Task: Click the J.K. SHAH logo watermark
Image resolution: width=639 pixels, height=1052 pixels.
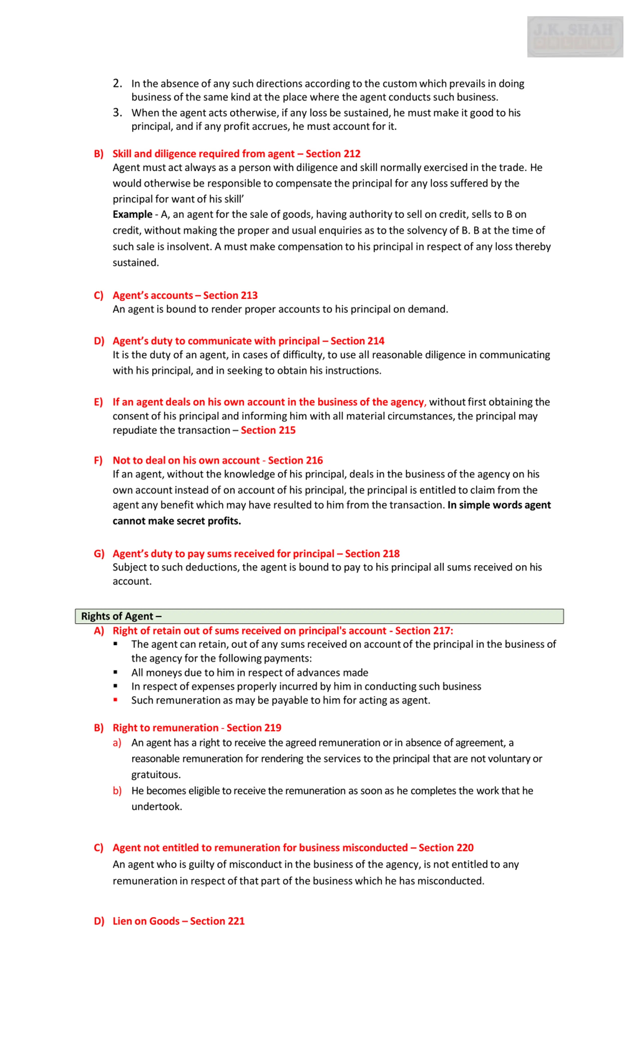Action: (x=575, y=37)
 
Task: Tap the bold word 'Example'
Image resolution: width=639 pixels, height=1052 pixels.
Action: (x=132, y=214)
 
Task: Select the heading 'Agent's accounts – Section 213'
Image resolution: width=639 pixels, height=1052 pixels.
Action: (x=185, y=296)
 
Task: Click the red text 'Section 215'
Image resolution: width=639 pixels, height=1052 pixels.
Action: (x=268, y=430)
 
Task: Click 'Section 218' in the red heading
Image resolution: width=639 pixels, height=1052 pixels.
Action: (x=372, y=554)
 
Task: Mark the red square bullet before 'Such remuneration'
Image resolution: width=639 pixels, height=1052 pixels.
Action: (x=115, y=700)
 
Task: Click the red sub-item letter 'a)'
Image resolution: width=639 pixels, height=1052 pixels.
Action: (x=117, y=743)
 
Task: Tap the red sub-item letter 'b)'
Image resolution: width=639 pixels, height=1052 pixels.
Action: (x=117, y=791)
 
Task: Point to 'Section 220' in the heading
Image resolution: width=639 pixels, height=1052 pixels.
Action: (x=446, y=848)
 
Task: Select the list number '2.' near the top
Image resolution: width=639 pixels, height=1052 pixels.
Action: (x=117, y=83)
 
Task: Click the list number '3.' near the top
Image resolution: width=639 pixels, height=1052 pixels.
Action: (x=117, y=113)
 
